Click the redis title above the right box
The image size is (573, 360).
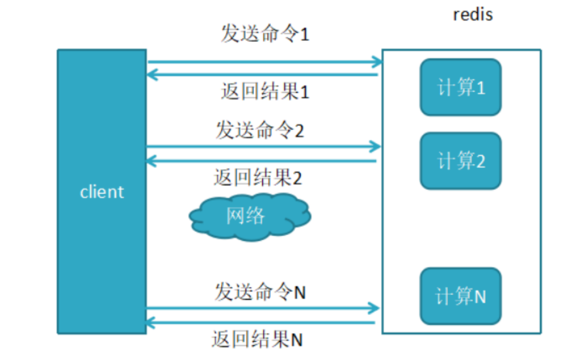point(473,14)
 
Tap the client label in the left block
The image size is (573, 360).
point(102,192)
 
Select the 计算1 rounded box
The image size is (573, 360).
point(461,88)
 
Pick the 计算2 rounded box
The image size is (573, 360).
point(461,161)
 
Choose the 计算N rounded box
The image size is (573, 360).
point(461,296)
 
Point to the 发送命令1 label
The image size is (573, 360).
point(265,34)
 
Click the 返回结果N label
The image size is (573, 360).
point(257,339)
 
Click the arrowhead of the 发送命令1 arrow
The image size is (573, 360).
point(377,62)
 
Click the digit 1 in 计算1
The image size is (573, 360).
point(480,88)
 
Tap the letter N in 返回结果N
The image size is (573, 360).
point(297,339)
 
